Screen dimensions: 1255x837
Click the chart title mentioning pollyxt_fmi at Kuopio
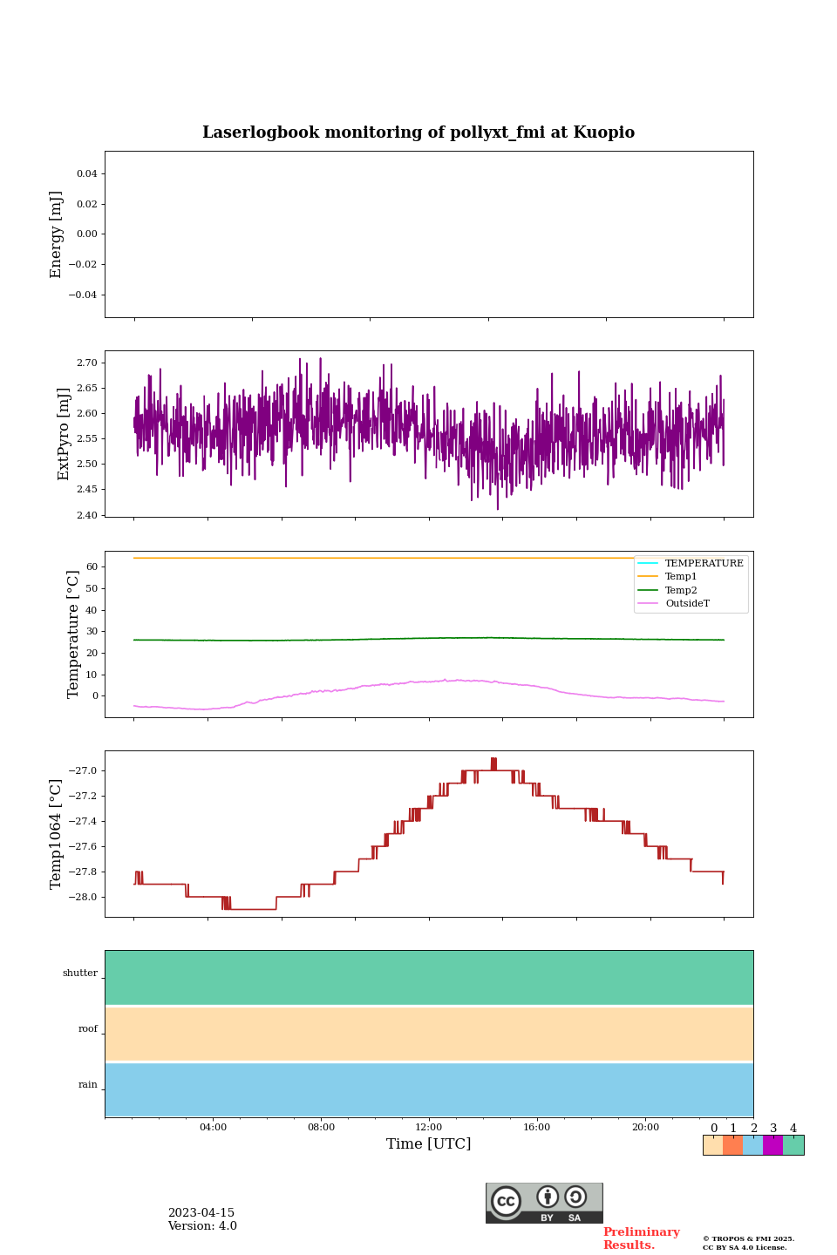coord(418,132)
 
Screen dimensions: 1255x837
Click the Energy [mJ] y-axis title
coord(57,234)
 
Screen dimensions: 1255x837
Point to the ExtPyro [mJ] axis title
coord(64,434)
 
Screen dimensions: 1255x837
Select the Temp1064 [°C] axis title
coord(57,834)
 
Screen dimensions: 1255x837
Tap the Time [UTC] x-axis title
coord(428,1143)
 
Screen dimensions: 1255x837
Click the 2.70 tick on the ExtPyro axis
coord(86,363)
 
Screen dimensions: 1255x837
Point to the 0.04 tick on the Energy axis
coord(86,174)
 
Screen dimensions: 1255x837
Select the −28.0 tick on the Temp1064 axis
coord(84,898)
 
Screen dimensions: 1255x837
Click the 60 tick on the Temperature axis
coord(91,566)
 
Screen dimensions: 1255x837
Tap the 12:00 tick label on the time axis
coord(428,1127)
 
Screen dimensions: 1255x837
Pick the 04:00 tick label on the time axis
coord(213,1127)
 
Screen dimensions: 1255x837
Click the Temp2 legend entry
coord(681,590)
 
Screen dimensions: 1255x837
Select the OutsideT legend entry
coord(687,603)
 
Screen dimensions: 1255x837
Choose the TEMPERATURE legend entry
coord(704,563)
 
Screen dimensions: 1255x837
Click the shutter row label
coord(80,973)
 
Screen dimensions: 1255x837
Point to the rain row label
coord(88,1085)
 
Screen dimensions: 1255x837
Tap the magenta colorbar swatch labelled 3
coord(772,1145)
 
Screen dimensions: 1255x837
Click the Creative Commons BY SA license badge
coord(544,1203)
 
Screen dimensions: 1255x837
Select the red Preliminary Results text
coord(641,1238)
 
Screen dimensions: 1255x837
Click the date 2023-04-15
coord(201,1213)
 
